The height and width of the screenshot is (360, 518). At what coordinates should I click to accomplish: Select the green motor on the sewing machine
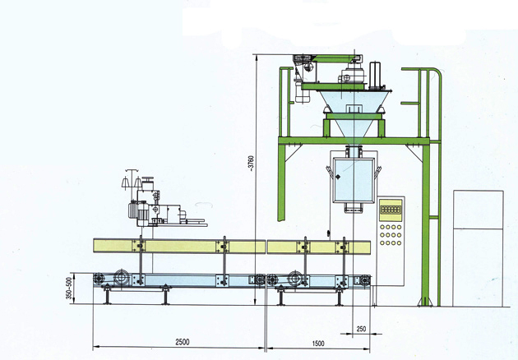pyautogui.click(x=141, y=210)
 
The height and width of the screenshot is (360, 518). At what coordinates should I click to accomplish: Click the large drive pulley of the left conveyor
pyautogui.click(x=115, y=279)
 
